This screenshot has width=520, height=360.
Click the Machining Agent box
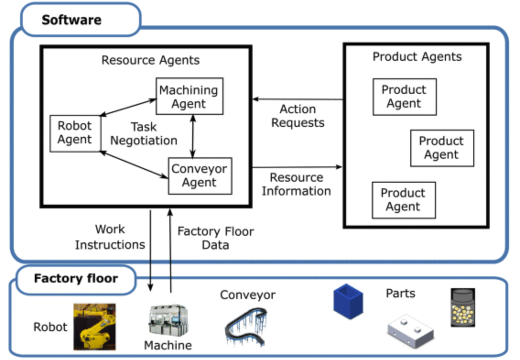(x=189, y=96)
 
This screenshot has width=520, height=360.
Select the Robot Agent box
(x=75, y=133)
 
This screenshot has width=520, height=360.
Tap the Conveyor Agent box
(x=200, y=175)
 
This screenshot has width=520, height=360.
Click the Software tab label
(x=72, y=20)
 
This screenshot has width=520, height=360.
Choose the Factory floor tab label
(x=76, y=278)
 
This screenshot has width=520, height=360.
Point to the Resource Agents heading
(x=150, y=60)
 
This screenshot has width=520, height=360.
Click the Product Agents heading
(x=417, y=57)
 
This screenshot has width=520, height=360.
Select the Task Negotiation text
(x=143, y=133)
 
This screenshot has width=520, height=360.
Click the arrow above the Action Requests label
(x=298, y=99)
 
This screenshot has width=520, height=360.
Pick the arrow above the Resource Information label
(x=297, y=167)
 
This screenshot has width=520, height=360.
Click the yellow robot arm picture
(x=95, y=327)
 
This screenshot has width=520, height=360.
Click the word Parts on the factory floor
(x=401, y=293)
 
